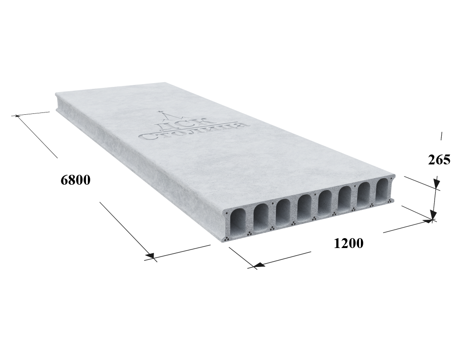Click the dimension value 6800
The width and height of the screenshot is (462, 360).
pos(76,180)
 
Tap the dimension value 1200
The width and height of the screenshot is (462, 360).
pos(349,243)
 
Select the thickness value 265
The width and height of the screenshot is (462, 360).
pos(439,160)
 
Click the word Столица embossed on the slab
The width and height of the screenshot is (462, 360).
pos(195,130)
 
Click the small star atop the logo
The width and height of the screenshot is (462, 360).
pos(161,111)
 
